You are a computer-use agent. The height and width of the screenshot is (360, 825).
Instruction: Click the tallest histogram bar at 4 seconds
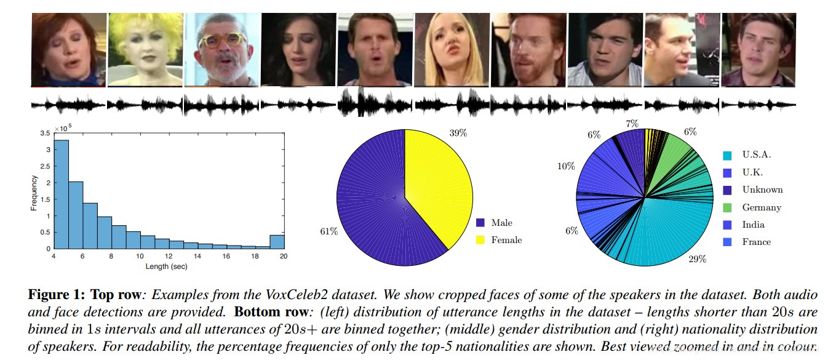[62, 194]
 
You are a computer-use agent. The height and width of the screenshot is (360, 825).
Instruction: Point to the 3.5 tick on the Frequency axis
[46, 134]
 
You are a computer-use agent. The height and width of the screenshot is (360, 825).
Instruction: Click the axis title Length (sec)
[166, 266]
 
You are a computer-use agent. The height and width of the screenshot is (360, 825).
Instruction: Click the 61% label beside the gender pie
[329, 231]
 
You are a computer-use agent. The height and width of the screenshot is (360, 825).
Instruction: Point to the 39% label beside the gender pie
[458, 134]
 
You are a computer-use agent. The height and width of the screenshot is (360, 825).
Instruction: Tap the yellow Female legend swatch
[480, 240]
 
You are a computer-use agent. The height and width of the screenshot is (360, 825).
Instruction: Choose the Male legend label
[501, 223]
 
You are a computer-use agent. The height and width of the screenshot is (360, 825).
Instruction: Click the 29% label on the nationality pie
[697, 259]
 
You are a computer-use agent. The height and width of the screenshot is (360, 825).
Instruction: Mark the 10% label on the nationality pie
[566, 166]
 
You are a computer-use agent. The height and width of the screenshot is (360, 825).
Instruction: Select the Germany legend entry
[761, 207]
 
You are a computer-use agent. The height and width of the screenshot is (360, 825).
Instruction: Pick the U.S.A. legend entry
[756, 155]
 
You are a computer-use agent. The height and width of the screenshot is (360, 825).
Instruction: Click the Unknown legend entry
[762, 190]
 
